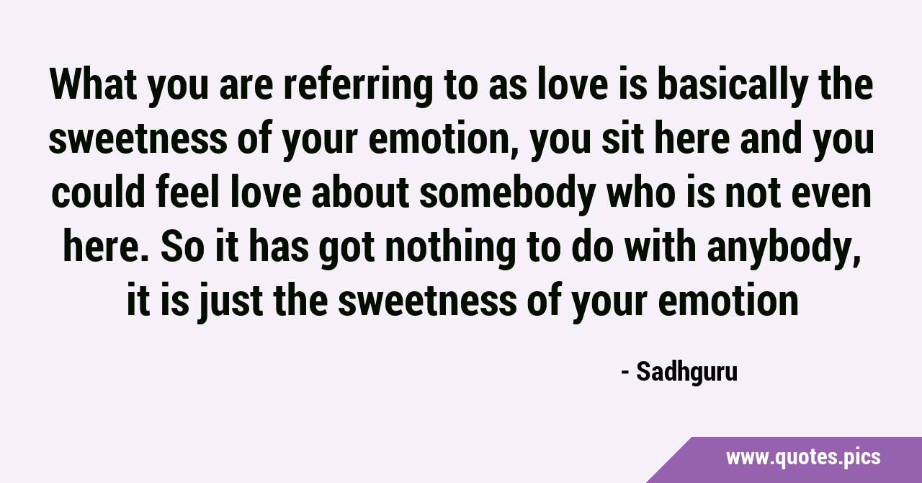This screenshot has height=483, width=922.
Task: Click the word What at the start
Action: point(93,84)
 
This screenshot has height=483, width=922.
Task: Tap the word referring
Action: point(358,87)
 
